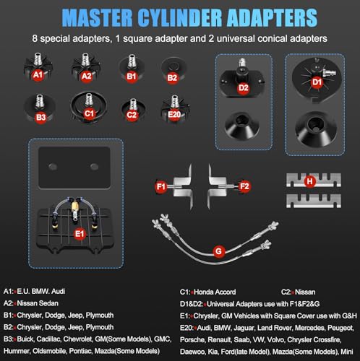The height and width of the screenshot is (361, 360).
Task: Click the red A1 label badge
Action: (x=38, y=75)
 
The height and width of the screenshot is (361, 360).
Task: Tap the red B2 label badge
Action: (x=172, y=78)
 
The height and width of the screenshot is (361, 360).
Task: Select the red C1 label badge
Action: (x=89, y=113)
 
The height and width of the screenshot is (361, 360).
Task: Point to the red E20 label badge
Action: (x=174, y=114)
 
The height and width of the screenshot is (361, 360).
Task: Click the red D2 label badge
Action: (x=244, y=88)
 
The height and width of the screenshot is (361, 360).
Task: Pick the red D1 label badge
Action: (x=317, y=82)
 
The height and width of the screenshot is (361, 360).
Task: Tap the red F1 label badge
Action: (x=160, y=186)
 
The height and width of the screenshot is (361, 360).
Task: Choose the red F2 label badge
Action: (x=244, y=186)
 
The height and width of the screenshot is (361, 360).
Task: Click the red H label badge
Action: (x=310, y=181)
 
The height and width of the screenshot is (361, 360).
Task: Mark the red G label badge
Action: (x=218, y=251)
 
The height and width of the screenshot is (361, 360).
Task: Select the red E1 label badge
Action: (x=80, y=234)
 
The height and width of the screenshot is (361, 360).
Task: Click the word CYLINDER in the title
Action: (x=180, y=18)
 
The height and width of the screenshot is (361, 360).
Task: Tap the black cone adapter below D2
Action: (x=242, y=126)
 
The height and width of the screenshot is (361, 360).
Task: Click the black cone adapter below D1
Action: (x=315, y=129)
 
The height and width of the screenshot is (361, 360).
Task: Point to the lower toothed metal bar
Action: (x=314, y=201)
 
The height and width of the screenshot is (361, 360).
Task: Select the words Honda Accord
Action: (x=215, y=292)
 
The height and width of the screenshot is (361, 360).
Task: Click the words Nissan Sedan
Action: (x=38, y=303)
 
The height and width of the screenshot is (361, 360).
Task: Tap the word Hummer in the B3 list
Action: (x=17, y=351)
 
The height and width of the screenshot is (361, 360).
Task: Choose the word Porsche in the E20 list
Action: (x=192, y=340)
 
